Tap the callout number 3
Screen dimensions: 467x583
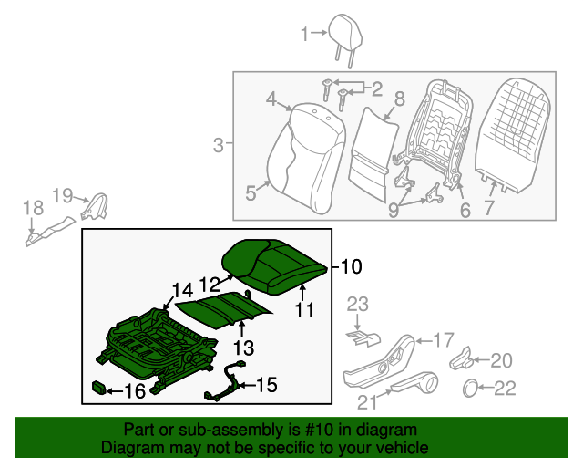pyautogui.click(x=218, y=144)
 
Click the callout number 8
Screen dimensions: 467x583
pyautogui.click(x=399, y=99)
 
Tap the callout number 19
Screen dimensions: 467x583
pyautogui.click(x=62, y=194)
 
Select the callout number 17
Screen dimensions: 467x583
pyautogui.click(x=442, y=340)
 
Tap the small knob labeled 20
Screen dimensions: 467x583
pyautogui.click(x=462, y=358)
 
